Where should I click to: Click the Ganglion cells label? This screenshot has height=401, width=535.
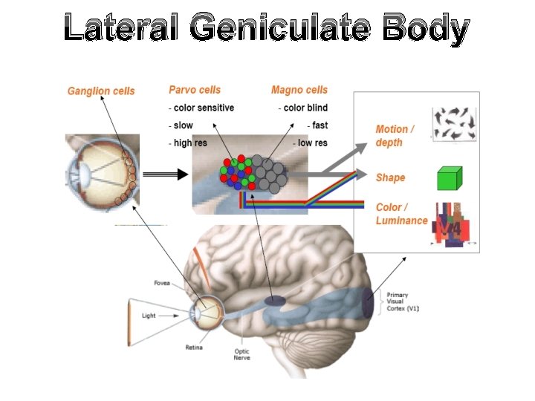(x=101, y=91)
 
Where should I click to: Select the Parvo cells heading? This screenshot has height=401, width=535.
(x=195, y=90)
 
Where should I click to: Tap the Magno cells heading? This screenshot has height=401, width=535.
(x=299, y=90)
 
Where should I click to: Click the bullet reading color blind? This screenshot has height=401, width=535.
(x=305, y=108)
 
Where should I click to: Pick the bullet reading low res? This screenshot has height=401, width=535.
(x=310, y=143)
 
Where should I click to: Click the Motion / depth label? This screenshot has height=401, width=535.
(x=395, y=135)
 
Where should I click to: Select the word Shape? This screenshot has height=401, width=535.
(x=390, y=177)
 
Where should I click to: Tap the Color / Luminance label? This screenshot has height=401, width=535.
(x=401, y=214)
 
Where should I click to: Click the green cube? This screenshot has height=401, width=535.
(x=449, y=178)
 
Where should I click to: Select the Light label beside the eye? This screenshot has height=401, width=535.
(x=149, y=316)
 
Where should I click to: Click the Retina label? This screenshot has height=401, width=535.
(x=194, y=347)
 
